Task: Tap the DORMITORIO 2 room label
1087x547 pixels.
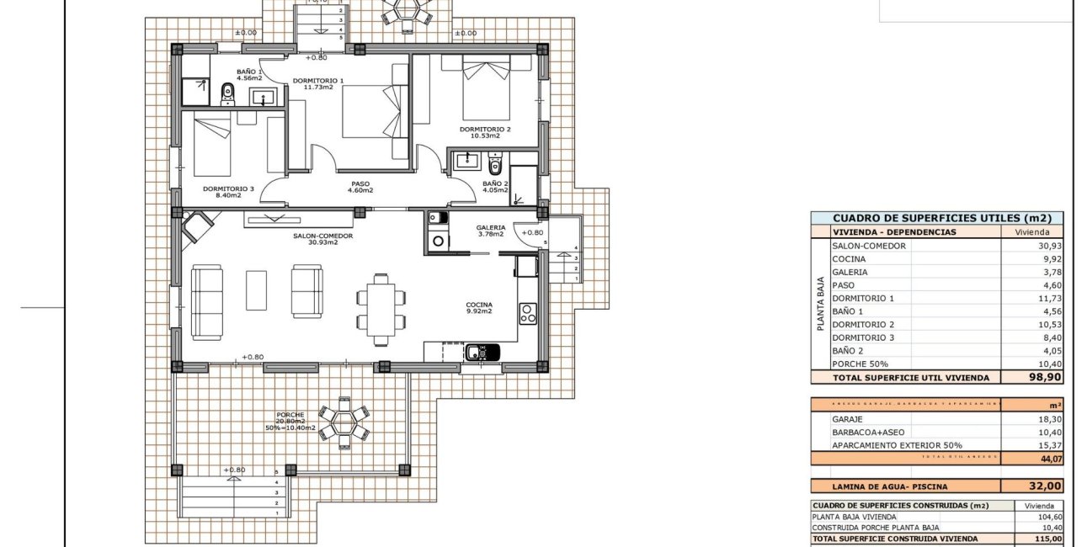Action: tap(479, 130)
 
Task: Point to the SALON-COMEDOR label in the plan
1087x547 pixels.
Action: tap(322, 236)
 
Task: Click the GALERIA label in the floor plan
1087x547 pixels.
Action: tap(490, 227)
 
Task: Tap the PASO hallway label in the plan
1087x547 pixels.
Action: tap(360, 184)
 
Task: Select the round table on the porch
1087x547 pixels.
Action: tap(344, 421)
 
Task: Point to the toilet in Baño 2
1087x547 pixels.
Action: tap(494, 165)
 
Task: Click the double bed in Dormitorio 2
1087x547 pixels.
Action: tap(486, 88)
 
